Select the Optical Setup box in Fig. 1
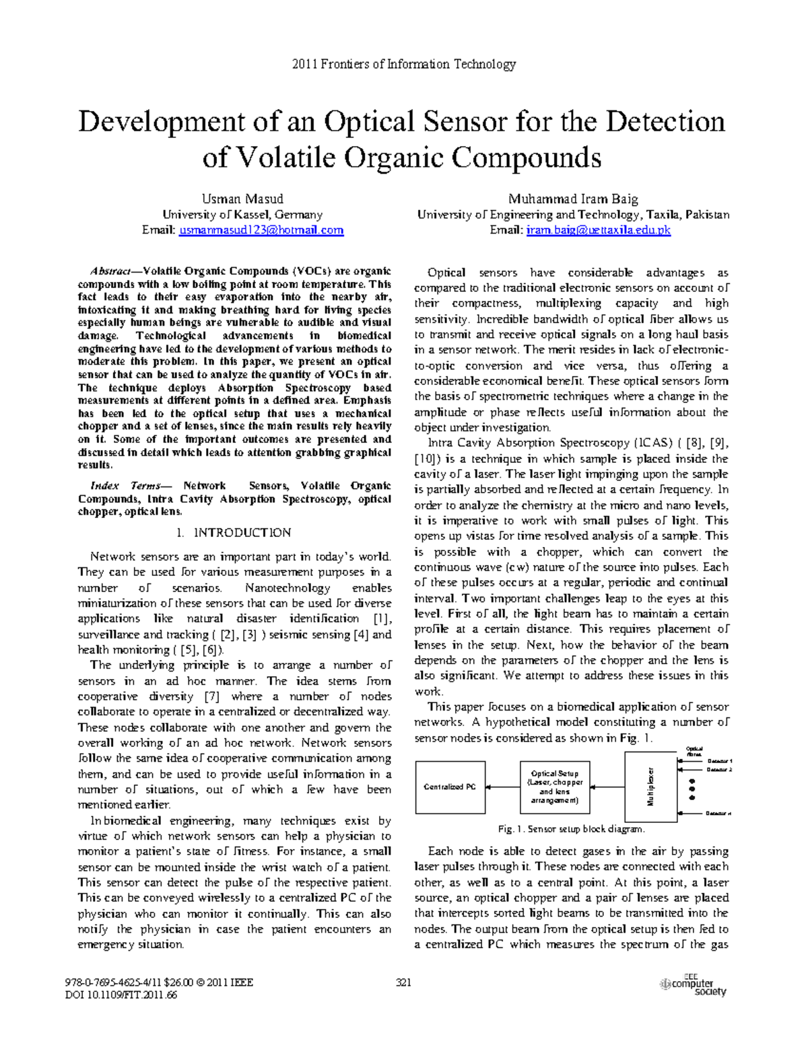555,787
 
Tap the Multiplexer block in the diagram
651,787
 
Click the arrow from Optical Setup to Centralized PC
502,787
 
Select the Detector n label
718,814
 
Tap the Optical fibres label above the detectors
694,752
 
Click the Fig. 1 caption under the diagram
571,829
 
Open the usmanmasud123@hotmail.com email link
261,230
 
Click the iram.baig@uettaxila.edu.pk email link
599,230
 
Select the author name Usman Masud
242,199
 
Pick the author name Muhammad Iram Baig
573,199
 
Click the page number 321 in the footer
403,982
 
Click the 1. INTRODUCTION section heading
234,533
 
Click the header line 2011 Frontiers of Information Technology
403,65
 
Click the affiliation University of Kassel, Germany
242,215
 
